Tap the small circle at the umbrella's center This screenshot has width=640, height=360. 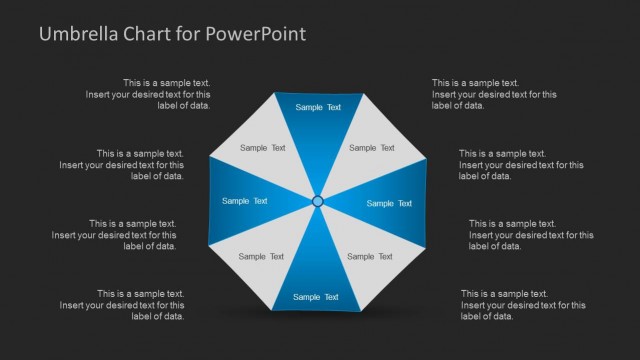click(318, 201)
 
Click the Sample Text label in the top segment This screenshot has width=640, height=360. click(318, 107)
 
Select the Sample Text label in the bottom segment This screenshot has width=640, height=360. click(316, 297)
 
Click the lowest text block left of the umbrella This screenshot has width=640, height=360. click(140, 305)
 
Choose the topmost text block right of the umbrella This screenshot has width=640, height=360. click(494, 94)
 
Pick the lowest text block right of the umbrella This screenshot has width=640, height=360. click(523, 305)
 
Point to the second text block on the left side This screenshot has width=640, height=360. click(121, 165)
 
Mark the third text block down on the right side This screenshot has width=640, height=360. click(530, 235)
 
